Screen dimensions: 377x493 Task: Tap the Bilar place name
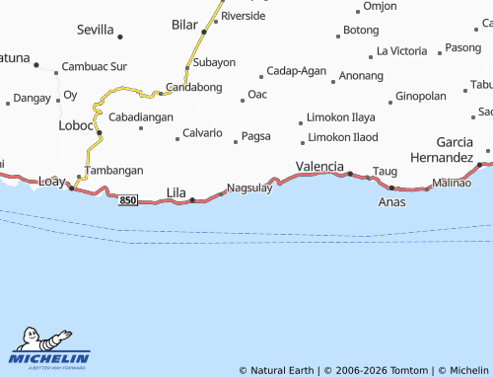pyautogui.click(x=184, y=23)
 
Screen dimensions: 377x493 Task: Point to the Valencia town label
pyautogui.click(x=319, y=166)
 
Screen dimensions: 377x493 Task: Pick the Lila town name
pyautogui.click(x=176, y=191)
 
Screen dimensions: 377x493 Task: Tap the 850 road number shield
pyautogui.click(x=127, y=201)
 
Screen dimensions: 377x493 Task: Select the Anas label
pyautogui.click(x=391, y=201)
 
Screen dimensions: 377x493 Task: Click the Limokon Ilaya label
pyautogui.click(x=342, y=117)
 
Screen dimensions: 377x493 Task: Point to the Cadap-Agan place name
pyautogui.click(x=297, y=71)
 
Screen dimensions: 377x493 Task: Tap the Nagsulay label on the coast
pyautogui.click(x=249, y=188)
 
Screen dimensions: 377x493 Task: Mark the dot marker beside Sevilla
pyautogui.click(x=120, y=38)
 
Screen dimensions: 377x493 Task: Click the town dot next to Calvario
pyautogui.click(x=177, y=139)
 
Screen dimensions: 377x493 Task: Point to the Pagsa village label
pyautogui.click(x=255, y=135)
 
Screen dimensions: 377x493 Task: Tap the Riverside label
pyautogui.click(x=244, y=16)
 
